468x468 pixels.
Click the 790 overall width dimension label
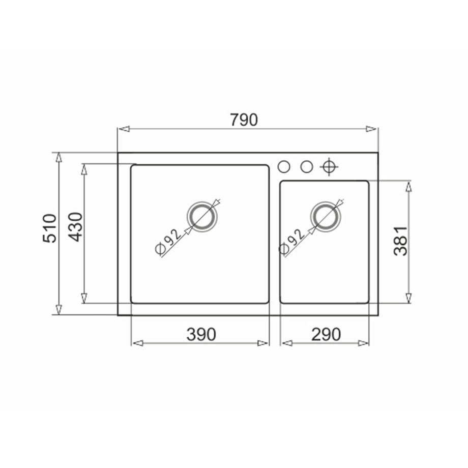(x=244, y=120)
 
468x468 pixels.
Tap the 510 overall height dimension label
(x=49, y=228)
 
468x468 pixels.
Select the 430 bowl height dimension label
(x=75, y=227)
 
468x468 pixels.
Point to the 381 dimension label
(x=400, y=241)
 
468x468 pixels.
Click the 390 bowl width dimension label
(x=201, y=334)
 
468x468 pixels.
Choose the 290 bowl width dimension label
(x=326, y=334)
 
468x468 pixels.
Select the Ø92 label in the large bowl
(x=168, y=242)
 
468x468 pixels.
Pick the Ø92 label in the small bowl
(x=291, y=242)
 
